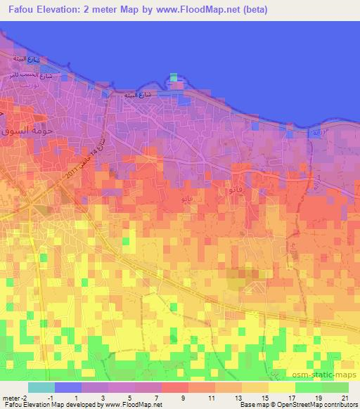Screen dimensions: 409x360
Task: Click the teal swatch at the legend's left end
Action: click(x=41, y=387)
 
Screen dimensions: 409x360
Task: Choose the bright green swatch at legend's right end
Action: click(x=335, y=387)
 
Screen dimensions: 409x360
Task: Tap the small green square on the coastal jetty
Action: click(x=174, y=77)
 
